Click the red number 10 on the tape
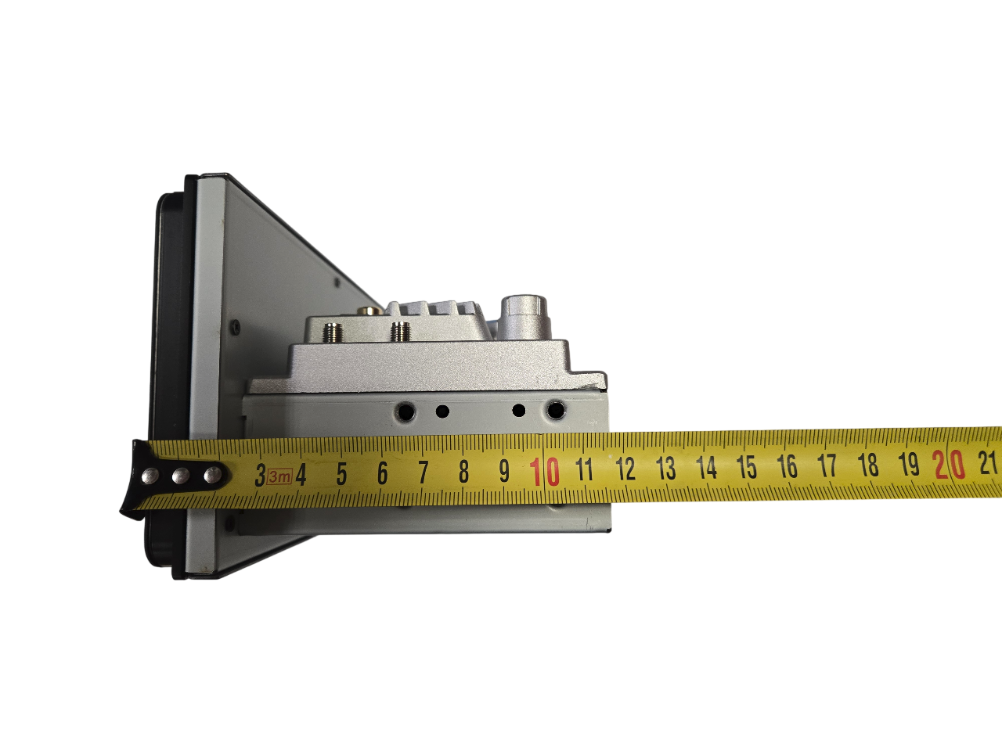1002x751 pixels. tap(544, 472)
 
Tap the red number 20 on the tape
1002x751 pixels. tap(949, 465)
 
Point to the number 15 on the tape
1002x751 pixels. tap(747, 467)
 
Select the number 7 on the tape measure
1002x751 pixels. tap(424, 473)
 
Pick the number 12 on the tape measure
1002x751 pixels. tap(625, 469)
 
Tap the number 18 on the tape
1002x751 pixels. tap(868, 465)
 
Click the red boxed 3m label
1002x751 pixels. tap(279, 477)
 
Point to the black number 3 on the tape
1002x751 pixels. tap(260, 475)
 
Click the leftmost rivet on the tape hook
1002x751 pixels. tap(150, 476)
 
